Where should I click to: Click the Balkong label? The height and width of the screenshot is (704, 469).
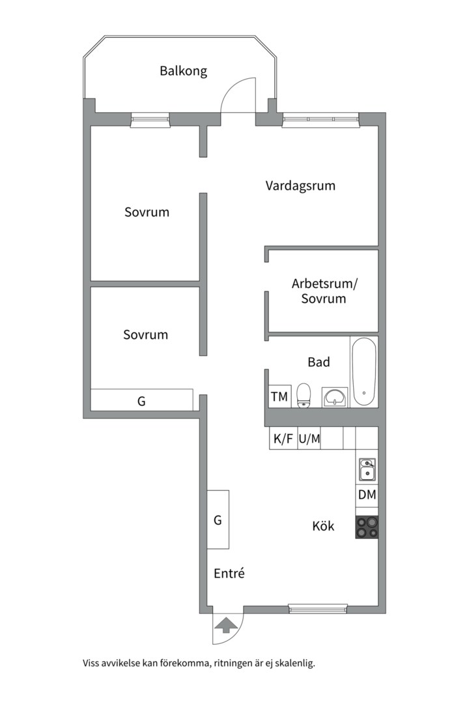click(184, 71)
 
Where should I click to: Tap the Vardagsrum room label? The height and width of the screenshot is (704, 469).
click(300, 186)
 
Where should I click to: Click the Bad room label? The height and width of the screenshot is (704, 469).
click(319, 362)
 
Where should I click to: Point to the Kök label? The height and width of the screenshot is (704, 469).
click(323, 525)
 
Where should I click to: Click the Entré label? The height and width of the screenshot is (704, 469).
click(229, 574)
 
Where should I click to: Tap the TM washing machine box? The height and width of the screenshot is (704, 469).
click(279, 396)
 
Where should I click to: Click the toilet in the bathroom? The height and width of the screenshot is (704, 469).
click(304, 395)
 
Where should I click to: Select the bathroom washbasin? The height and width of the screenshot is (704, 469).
click(335, 396)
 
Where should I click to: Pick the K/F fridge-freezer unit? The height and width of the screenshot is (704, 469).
click(283, 439)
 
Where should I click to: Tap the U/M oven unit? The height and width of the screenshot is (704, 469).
click(309, 439)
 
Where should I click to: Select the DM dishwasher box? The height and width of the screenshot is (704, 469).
click(367, 495)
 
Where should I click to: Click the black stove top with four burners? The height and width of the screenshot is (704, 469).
click(367, 527)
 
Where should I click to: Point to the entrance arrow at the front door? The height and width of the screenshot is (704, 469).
click(227, 626)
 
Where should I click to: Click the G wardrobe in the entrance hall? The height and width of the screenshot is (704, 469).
click(218, 520)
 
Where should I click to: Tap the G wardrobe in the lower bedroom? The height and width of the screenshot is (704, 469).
click(141, 400)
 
